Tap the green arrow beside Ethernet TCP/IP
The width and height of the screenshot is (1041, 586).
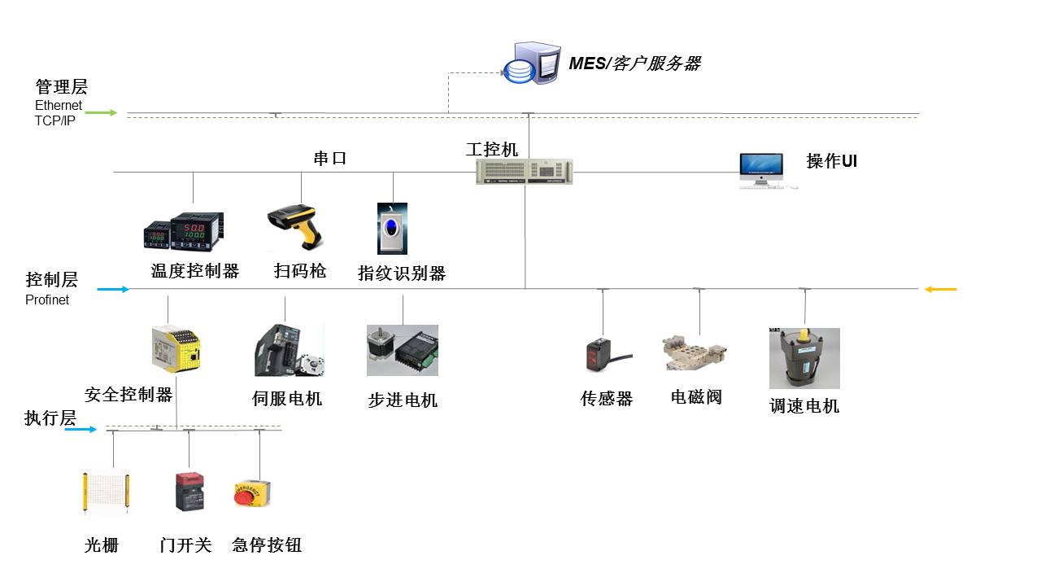click(x=102, y=112)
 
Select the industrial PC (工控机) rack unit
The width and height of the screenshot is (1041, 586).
click(x=524, y=172)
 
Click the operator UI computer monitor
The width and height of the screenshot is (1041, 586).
click(x=761, y=168)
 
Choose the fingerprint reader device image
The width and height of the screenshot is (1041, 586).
click(x=392, y=229)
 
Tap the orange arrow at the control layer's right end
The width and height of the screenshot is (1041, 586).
click(x=941, y=289)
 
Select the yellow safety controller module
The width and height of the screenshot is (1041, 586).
click(x=176, y=349)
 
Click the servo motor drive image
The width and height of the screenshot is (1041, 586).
click(x=289, y=350)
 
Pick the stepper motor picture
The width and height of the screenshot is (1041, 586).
click(x=403, y=350)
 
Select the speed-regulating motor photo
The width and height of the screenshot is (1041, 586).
click(x=804, y=358)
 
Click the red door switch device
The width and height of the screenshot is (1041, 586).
click(x=189, y=492)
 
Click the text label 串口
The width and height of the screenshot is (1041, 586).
click(x=330, y=158)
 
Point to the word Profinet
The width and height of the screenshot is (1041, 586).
click(x=47, y=300)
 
